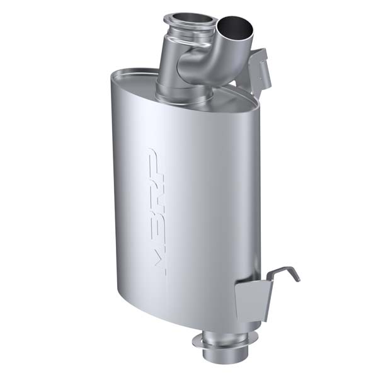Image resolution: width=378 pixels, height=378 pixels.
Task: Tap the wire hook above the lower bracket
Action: point(285,272)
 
